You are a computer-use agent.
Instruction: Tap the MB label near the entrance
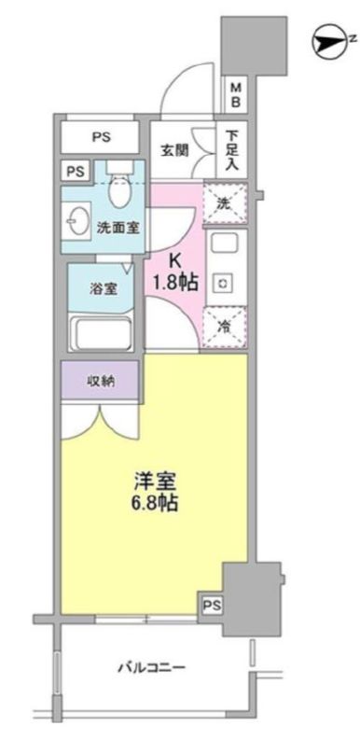coord(237,94)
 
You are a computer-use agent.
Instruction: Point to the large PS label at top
coord(102,137)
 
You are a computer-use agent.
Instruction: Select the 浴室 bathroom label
coord(103,288)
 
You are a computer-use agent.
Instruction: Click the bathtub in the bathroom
coord(103,332)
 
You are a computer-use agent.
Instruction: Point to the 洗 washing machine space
coord(224,202)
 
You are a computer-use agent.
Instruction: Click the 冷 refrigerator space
coord(224,326)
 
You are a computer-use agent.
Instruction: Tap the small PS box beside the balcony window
coord(212,605)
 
